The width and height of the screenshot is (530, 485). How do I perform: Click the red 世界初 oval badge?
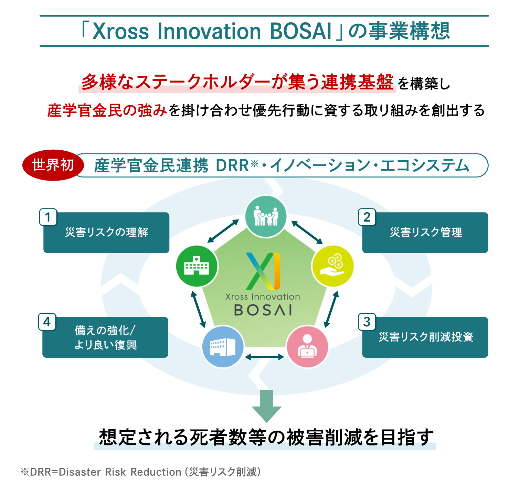click(53, 165)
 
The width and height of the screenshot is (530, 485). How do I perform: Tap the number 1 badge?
click(48, 217)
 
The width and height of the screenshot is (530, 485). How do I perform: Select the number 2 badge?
click(367, 217)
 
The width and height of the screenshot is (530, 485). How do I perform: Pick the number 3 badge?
click(367, 322)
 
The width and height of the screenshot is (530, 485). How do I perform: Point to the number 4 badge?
click(47, 322)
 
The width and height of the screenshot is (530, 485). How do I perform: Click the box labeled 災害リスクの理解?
click(106, 233)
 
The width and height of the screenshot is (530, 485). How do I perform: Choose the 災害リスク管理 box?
click(425, 233)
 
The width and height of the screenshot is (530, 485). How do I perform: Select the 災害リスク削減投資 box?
click(425, 337)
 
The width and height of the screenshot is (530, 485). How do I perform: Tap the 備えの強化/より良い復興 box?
click(105, 337)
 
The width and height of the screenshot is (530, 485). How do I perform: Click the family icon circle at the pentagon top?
click(266, 216)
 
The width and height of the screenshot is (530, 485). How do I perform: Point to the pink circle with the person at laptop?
click(307, 347)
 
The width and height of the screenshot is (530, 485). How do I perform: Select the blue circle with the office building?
click(223, 347)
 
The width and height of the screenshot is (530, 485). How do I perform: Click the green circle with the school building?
click(197, 266)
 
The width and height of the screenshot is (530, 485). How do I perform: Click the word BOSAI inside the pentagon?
click(263, 310)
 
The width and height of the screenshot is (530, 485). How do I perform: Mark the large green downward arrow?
click(266, 406)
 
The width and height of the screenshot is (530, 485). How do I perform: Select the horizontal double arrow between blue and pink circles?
click(265, 357)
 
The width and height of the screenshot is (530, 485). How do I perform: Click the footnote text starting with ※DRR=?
click(140, 472)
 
